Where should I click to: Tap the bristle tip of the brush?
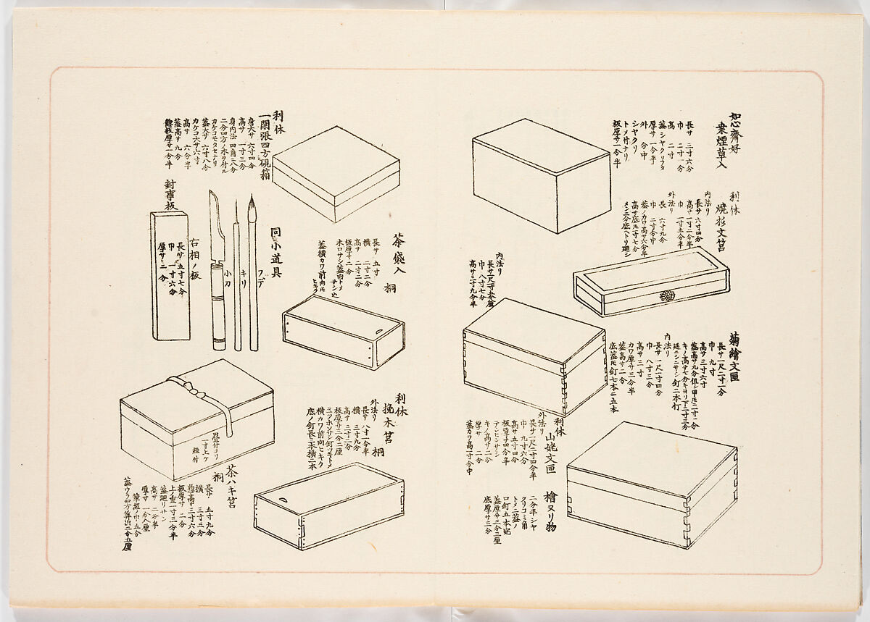(252, 206)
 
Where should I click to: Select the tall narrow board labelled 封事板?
(170, 275)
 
